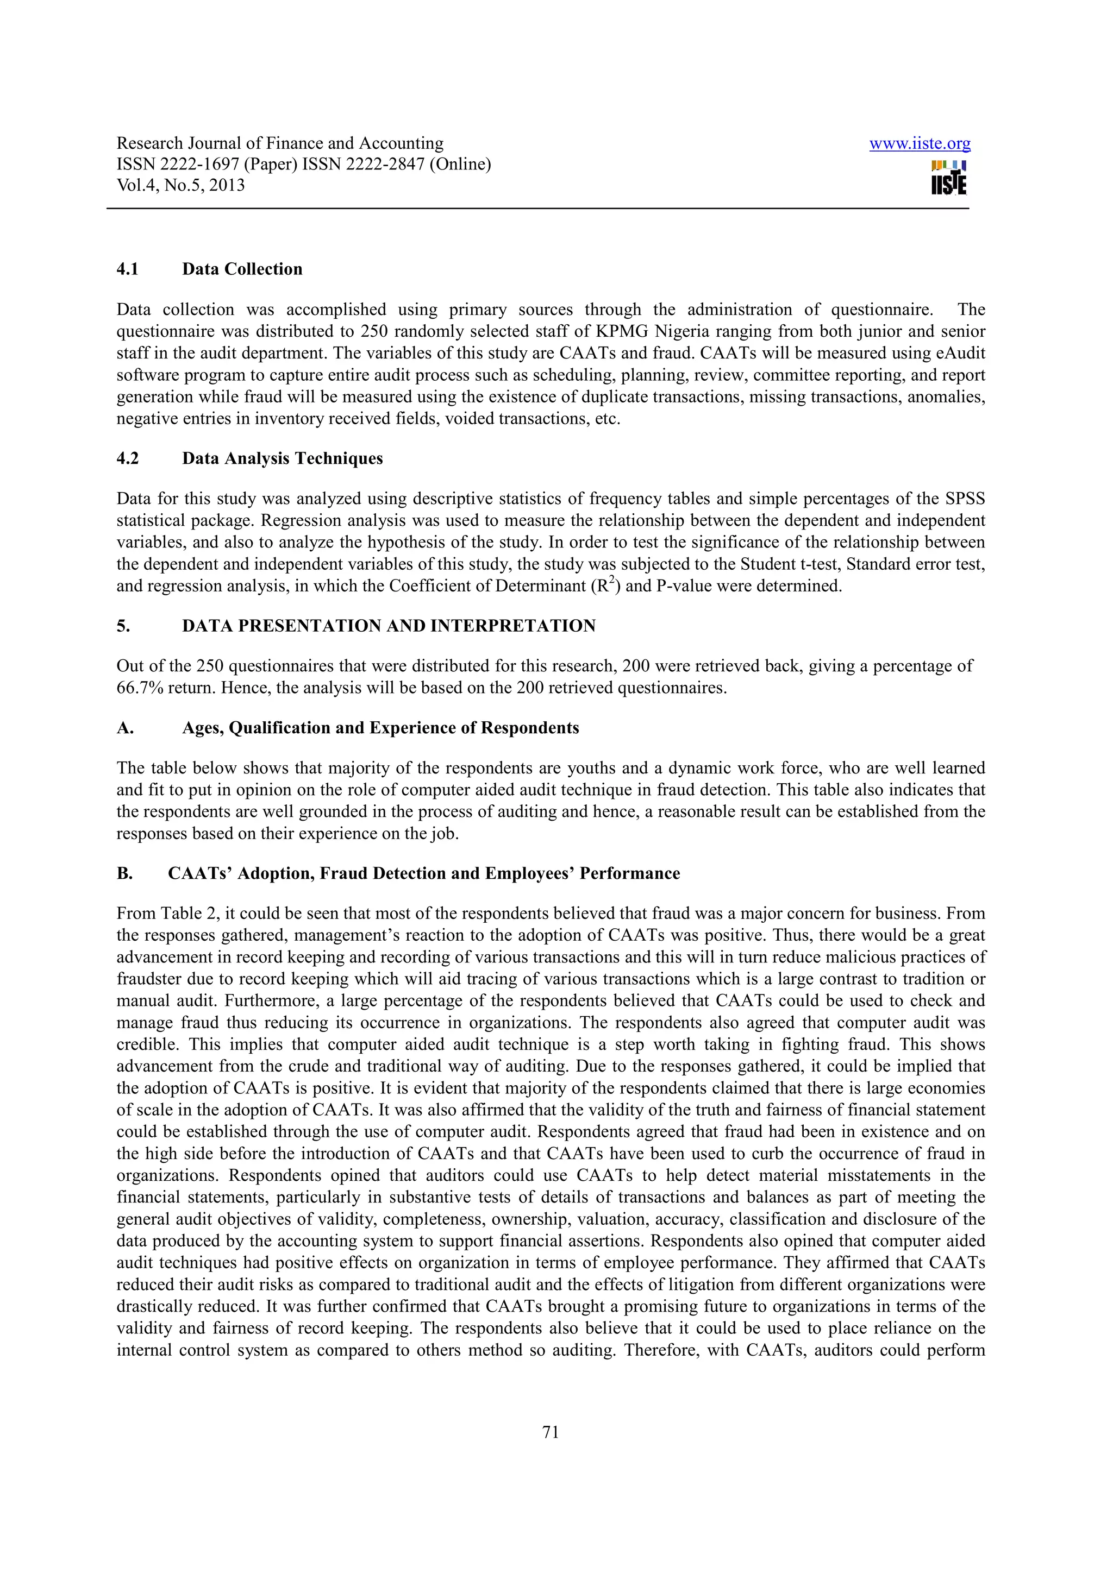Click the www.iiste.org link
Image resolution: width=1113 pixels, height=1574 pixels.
919,143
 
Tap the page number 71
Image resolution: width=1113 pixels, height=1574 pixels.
551,1431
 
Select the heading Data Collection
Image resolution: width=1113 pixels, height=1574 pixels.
242,269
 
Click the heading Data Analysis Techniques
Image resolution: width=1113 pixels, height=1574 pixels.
282,458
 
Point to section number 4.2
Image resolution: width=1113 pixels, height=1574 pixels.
128,458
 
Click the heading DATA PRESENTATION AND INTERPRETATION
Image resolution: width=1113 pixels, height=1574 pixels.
388,626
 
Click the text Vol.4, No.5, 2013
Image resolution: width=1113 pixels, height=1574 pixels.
180,185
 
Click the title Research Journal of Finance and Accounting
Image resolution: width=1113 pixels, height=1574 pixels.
280,143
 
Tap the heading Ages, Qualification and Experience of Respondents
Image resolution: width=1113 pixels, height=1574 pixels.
380,728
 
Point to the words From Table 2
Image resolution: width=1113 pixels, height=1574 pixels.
164,914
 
